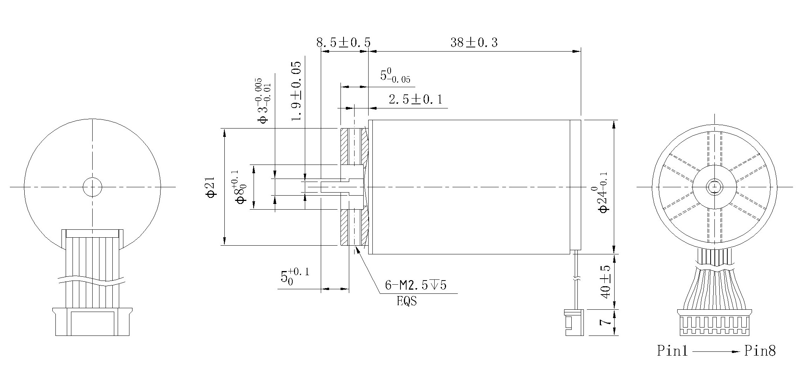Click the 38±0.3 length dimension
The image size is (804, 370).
(474, 42)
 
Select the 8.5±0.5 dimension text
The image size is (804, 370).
(343, 42)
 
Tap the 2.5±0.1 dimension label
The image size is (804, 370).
(415, 100)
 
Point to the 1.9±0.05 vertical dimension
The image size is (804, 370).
(296, 91)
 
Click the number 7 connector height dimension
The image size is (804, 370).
(606, 322)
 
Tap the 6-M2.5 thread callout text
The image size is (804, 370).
(415, 285)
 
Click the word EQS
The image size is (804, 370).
(407, 302)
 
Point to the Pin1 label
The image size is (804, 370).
(672, 351)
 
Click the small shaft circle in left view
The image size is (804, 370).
(92, 187)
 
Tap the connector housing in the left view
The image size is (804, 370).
(92, 322)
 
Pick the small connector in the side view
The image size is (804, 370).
(573, 322)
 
